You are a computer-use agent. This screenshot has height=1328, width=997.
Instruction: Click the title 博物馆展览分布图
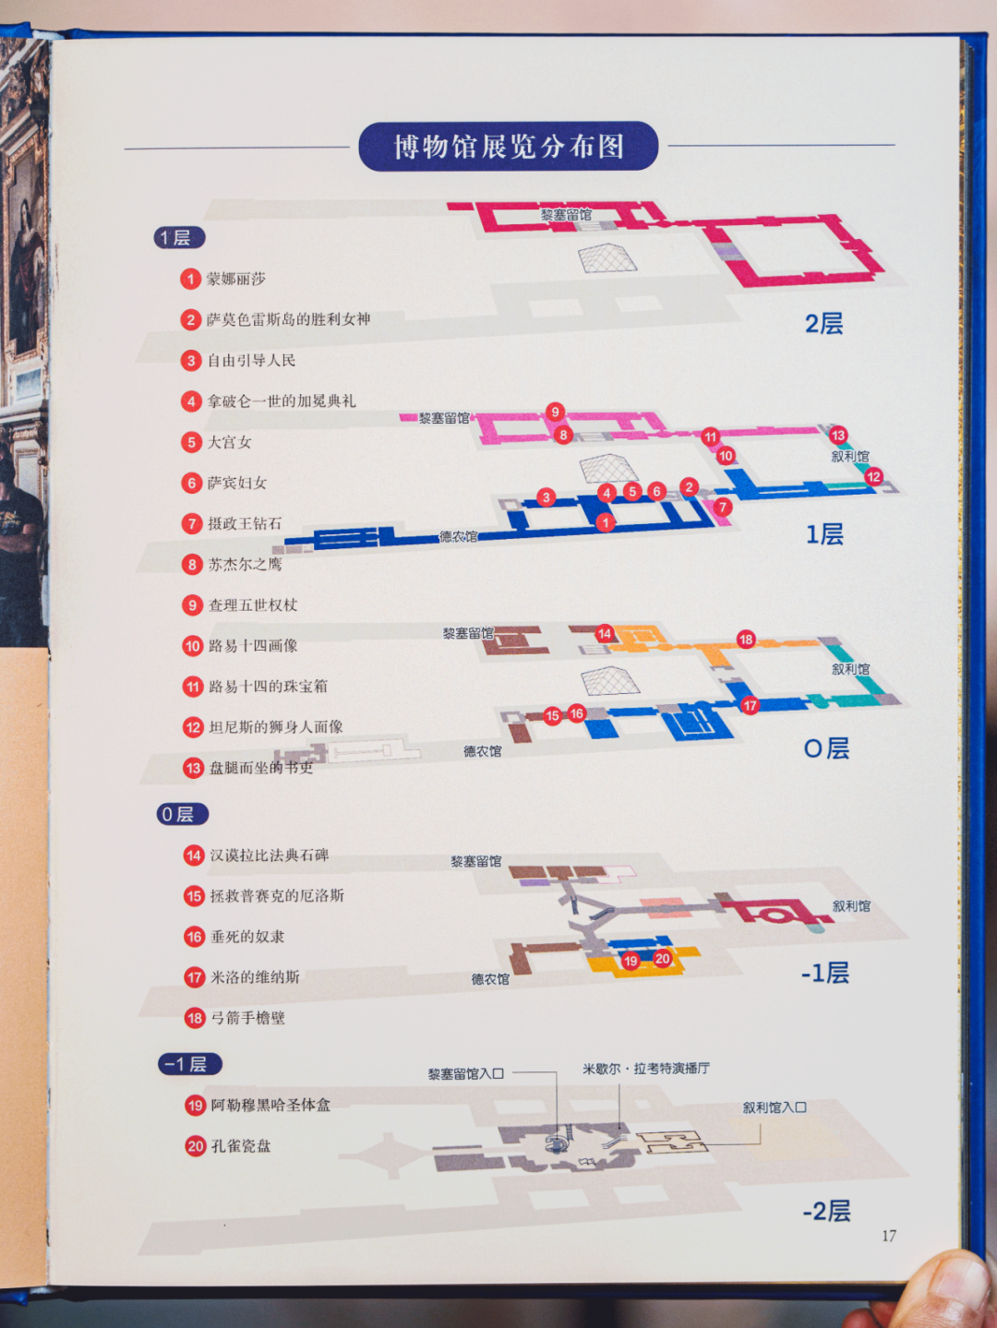(x=508, y=147)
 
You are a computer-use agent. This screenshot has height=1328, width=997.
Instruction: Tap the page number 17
(x=888, y=1236)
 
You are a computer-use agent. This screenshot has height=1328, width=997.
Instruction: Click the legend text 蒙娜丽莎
(x=235, y=279)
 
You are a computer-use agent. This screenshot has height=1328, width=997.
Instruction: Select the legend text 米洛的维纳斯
(x=255, y=977)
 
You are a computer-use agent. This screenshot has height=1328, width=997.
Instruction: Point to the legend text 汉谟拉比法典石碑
(x=269, y=855)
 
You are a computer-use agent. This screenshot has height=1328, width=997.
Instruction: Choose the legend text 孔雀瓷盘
(x=241, y=1146)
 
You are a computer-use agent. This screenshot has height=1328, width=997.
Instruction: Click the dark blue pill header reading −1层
(x=189, y=1064)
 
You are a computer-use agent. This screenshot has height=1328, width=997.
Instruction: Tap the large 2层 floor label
(x=823, y=324)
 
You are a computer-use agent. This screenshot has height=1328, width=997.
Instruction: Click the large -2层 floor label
(x=826, y=1211)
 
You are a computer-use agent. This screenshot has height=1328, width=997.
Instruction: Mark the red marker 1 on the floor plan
(x=605, y=523)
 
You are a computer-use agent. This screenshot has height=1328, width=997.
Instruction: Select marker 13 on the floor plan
(x=837, y=435)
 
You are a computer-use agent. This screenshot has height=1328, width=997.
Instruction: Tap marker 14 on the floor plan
(x=605, y=633)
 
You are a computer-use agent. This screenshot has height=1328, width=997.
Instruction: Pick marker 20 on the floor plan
(x=662, y=959)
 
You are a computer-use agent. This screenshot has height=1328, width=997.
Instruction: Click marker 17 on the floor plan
(x=750, y=705)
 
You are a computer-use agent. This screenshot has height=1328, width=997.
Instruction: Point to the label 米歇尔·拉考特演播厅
(x=645, y=1069)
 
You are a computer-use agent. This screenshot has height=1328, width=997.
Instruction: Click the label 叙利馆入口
(x=775, y=1107)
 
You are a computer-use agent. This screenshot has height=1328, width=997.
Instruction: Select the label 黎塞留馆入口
(x=465, y=1074)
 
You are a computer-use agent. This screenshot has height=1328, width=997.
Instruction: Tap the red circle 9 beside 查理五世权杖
(x=192, y=605)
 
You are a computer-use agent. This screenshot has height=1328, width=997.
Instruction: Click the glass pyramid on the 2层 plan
(x=607, y=258)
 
